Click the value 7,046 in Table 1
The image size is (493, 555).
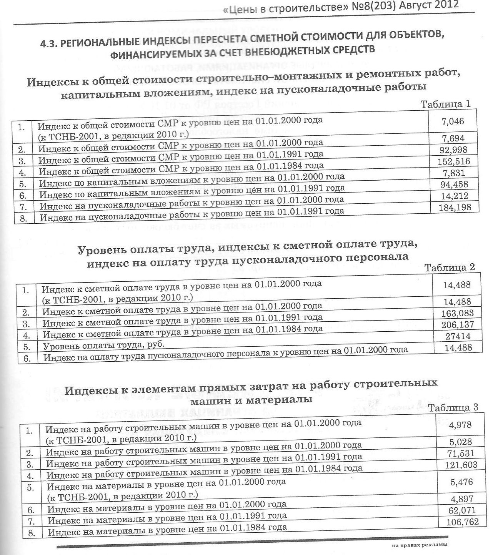coord(453,121)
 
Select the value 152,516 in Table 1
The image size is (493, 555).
coord(454,161)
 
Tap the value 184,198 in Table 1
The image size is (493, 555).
coord(455,208)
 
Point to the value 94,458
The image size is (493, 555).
coord(454,184)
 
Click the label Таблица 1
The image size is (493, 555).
coord(446,104)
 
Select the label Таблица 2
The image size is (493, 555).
coord(450,268)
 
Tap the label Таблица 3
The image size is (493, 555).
coord(453,407)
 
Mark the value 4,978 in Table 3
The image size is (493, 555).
coord(460,425)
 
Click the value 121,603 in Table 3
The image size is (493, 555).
coord(461,465)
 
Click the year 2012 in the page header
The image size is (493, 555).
coord(446,5)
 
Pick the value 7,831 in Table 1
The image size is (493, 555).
coord(454,173)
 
